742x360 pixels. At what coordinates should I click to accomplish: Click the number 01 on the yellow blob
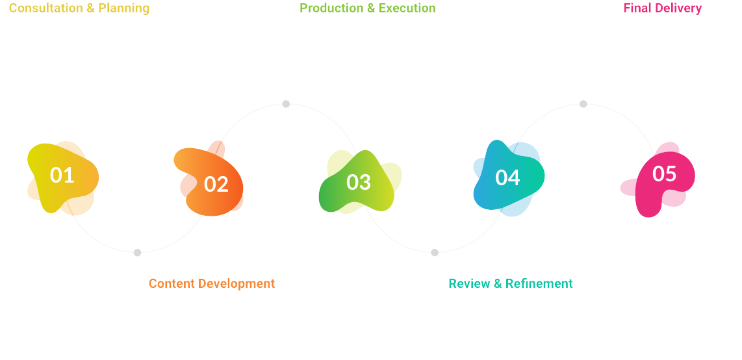tap(62, 175)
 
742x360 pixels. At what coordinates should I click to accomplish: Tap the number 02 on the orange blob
tap(216, 185)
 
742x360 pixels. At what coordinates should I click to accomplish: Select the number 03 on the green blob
tap(359, 183)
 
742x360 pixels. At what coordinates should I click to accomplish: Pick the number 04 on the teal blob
tap(507, 178)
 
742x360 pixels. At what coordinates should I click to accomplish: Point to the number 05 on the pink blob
tap(664, 174)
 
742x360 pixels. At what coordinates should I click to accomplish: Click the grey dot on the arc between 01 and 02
tap(137, 253)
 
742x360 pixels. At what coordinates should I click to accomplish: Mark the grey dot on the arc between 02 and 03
tap(286, 104)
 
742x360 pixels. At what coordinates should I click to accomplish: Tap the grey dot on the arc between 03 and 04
tap(435, 253)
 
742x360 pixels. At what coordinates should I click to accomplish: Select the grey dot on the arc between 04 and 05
tap(583, 104)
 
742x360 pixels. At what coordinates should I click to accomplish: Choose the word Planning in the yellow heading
tap(124, 8)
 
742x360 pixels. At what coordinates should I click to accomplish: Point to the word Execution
tap(407, 8)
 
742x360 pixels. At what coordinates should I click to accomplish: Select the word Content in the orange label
tap(172, 284)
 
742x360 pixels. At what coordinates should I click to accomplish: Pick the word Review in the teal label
tap(469, 284)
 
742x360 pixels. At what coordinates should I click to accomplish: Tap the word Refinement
tap(539, 284)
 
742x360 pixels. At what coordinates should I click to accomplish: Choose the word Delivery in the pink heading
tap(679, 8)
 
